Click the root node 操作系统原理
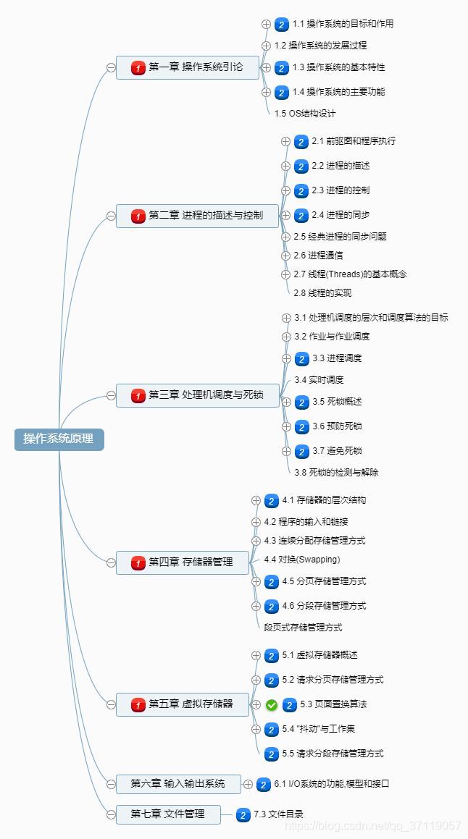click(59, 439)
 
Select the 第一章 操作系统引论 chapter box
click(187, 68)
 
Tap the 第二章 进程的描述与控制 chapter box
click(197, 216)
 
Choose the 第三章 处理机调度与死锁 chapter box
click(197, 395)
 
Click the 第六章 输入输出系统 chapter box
click(177, 783)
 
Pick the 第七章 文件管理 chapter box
click(167, 814)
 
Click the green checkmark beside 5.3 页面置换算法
click(272, 704)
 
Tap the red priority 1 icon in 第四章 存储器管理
click(138, 562)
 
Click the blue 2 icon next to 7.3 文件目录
click(244, 814)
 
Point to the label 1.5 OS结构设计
click(305, 114)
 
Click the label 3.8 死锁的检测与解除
click(336, 473)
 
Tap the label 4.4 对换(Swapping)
click(302, 560)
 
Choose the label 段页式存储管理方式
click(303, 628)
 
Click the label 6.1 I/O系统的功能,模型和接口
click(333, 784)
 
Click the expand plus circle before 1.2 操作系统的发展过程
click(266, 46)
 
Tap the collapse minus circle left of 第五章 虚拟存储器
click(111, 704)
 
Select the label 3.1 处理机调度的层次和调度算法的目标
click(371, 318)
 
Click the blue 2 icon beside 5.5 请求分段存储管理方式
click(272, 754)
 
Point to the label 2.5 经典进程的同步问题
click(340, 237)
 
